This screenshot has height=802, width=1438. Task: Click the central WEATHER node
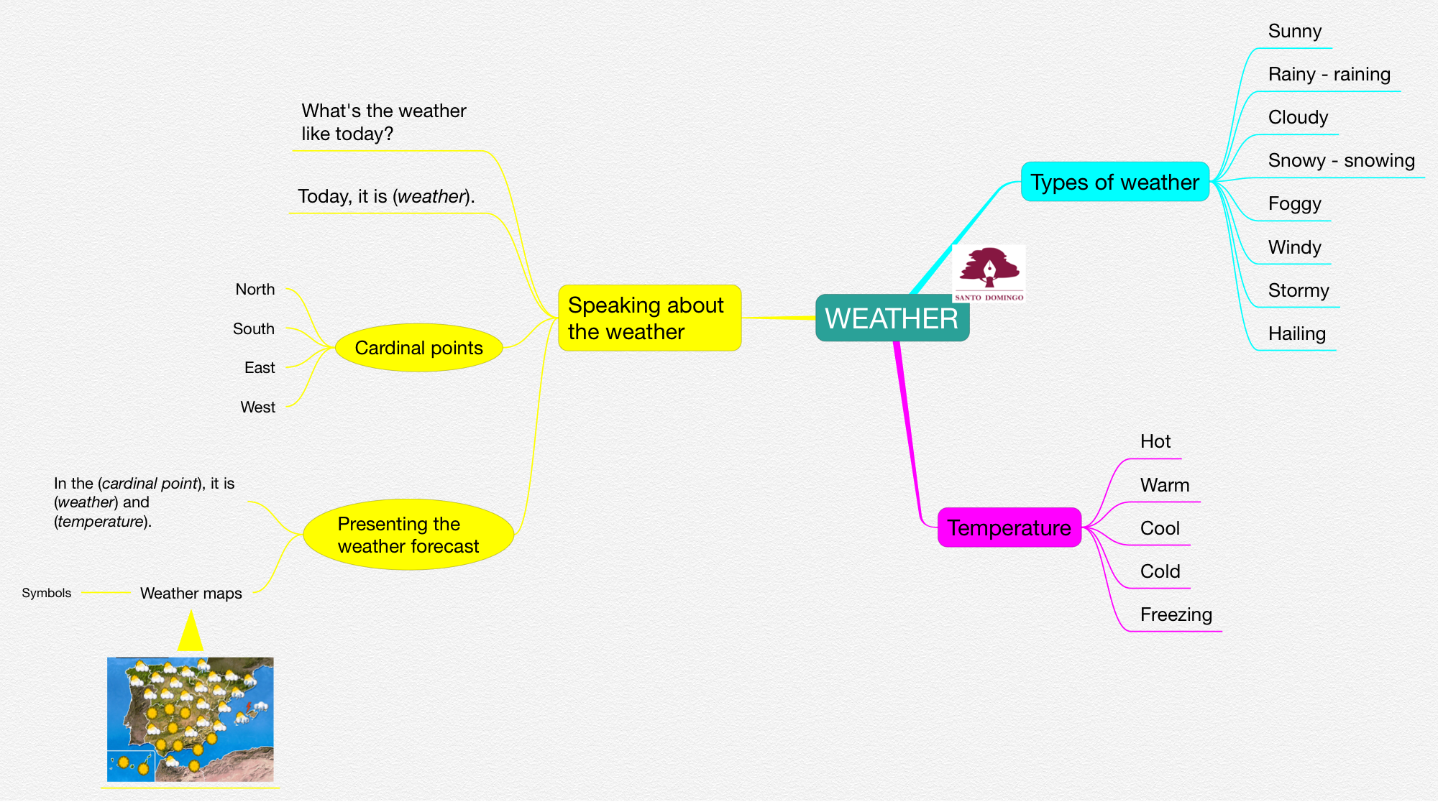click(892, 318)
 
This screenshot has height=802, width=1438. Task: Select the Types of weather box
click(1114, 182)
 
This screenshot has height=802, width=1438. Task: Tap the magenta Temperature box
click(1009, 528)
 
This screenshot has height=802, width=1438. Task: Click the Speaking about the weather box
click(649, 318)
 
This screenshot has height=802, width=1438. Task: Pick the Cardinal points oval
click(418, 348)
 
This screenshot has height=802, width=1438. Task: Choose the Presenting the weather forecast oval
click(408, 535)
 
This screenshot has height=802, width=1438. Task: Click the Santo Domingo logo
click(989, 274)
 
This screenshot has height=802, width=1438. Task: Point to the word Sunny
click(1294, 32)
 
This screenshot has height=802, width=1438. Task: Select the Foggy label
click(1294, 204)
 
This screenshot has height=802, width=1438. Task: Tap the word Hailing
click(1296, 333)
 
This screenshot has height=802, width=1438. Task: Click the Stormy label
click(1298, 290)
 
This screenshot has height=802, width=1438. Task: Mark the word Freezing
click(1176, 614)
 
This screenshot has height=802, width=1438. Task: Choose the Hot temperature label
click(1155, 441)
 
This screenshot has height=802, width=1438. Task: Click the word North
click(255, 290)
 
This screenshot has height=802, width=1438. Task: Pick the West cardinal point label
click(257, 407)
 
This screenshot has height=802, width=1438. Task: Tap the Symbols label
click(47, 593)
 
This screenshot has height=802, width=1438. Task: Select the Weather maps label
click(191, 594)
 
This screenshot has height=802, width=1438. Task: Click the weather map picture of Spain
click(191, 719)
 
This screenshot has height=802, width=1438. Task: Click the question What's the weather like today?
click(383, 122)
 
